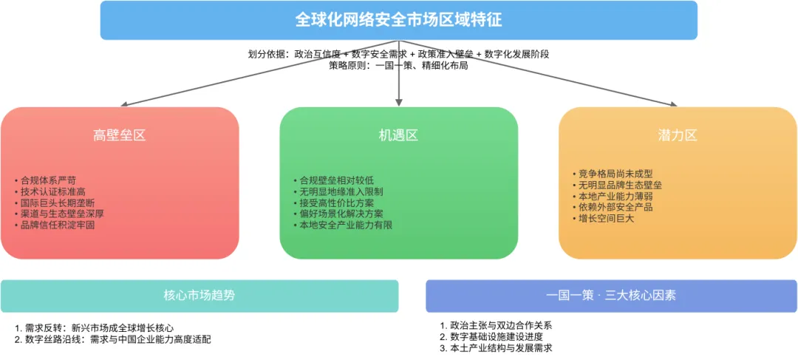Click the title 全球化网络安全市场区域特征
pos(398,20)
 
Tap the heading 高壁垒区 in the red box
pos(120,135)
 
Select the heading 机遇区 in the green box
pos(398,135)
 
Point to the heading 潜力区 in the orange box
pos(677,135)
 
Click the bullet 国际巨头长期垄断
pos(58,203)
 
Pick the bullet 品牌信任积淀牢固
pos(58,225)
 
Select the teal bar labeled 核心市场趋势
pos(199,296)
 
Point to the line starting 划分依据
pos(398,54)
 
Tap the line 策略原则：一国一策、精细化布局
pos(398,65)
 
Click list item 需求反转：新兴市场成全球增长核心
pos(99,327)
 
